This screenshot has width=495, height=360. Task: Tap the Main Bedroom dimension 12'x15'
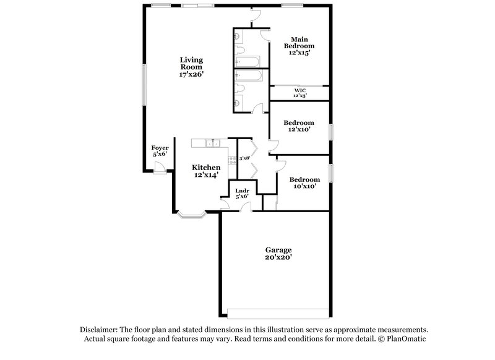[x=299, y=53]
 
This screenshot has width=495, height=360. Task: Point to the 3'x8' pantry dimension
[x=244, y=158]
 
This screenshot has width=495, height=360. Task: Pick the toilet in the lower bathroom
[x=239, y=102]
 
